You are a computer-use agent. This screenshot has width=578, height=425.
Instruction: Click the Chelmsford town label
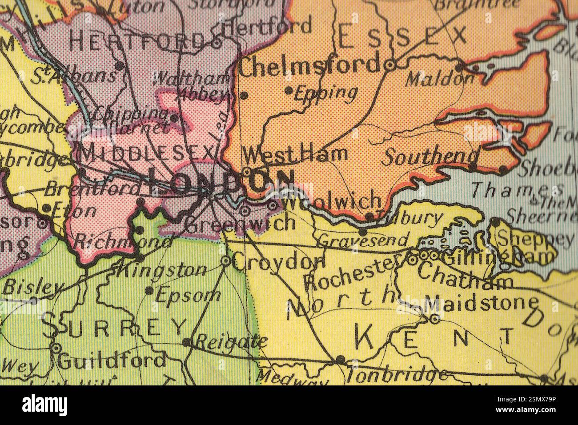point(310,66)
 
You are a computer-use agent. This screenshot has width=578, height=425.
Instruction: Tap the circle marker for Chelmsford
point(390,65)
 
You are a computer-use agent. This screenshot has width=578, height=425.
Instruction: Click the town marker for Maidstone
point(434,319)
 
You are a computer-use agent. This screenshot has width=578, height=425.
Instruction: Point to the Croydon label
point(278,263)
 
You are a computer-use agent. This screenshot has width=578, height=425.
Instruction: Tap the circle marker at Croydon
point(226,261)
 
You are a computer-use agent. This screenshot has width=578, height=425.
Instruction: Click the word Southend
point(431,156)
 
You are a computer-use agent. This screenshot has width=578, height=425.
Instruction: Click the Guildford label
point(112,361)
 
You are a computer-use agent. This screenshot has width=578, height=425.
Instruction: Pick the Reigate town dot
point(187,342)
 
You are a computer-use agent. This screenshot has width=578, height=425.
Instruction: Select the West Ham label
point(296,154)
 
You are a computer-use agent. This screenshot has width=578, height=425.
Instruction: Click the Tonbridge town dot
point(341,359)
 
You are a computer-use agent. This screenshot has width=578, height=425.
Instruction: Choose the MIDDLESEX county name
point(147,154)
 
